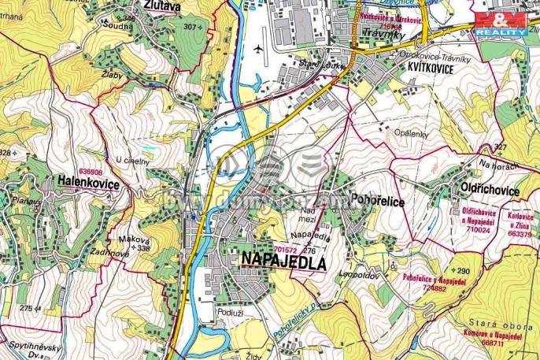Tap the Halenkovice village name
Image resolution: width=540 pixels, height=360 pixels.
click(x=87, y=183)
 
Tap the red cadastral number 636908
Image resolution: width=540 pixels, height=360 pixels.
click(x=91, y=171)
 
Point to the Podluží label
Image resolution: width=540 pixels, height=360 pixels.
click(x=232, y=312)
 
